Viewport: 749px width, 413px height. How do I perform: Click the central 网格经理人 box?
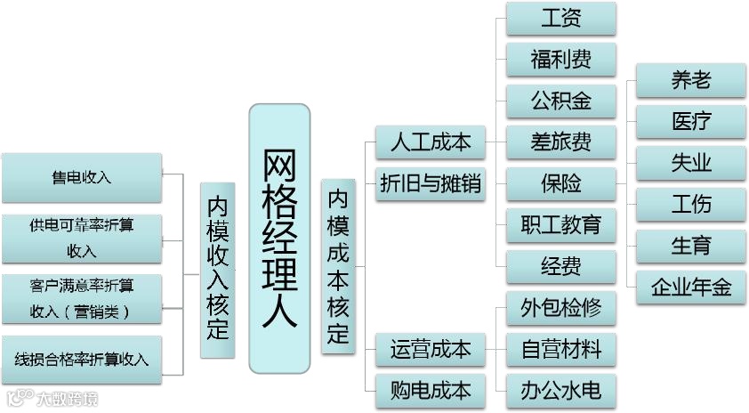click(x=278, y=238)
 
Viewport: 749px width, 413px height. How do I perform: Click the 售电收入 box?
click(x=82, y=177)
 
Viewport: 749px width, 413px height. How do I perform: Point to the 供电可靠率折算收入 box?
click(x=82, y=238)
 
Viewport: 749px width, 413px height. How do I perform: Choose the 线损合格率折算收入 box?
click(x=82, y=360)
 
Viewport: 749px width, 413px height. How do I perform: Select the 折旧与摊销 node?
click(x=431, y=184)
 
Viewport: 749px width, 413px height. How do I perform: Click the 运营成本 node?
click(x=431, y=349)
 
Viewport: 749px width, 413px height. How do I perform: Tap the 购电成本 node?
click(x=431, y=391)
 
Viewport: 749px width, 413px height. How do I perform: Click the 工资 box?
click(x=560, y=18)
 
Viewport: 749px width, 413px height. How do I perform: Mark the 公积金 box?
click(x=560, y=100)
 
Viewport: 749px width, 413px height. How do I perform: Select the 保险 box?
click(x=560, y=183)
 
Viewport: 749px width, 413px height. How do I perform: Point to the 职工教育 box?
click(x=560, y=224)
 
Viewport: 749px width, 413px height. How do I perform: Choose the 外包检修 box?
click(x=560, y=308)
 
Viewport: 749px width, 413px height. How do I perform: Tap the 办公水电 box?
click(x=560, y=390)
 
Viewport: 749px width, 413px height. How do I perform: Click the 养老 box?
click(x=690, y=80)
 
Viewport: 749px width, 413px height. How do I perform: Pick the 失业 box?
click(x=690, y=163)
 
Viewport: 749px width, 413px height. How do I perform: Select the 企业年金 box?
click(x=690, y=287)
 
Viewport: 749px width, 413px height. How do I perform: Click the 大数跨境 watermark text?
click(x=67, y=399)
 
